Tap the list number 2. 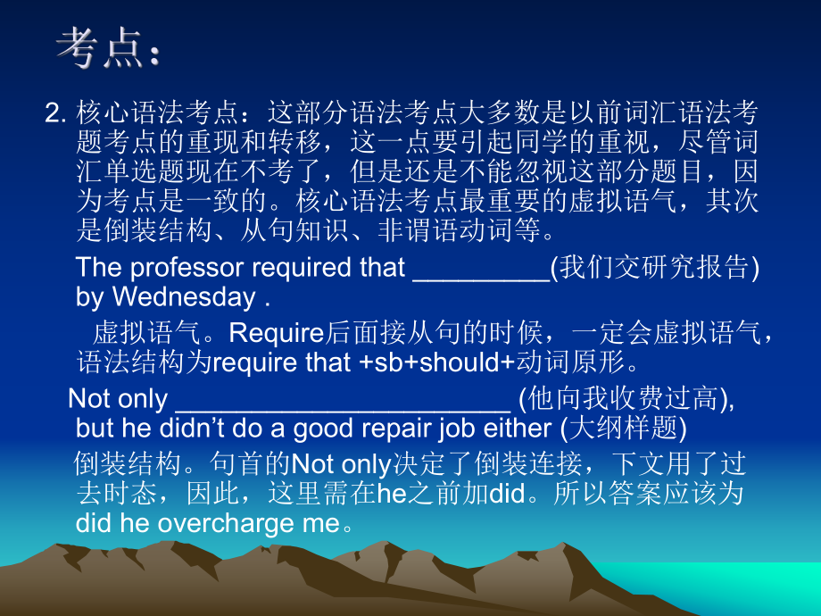[x=55, y=114]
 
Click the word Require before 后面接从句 [x=275, y=333]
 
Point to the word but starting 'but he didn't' [x=95, y=428]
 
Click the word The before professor [x=98, y=267]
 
